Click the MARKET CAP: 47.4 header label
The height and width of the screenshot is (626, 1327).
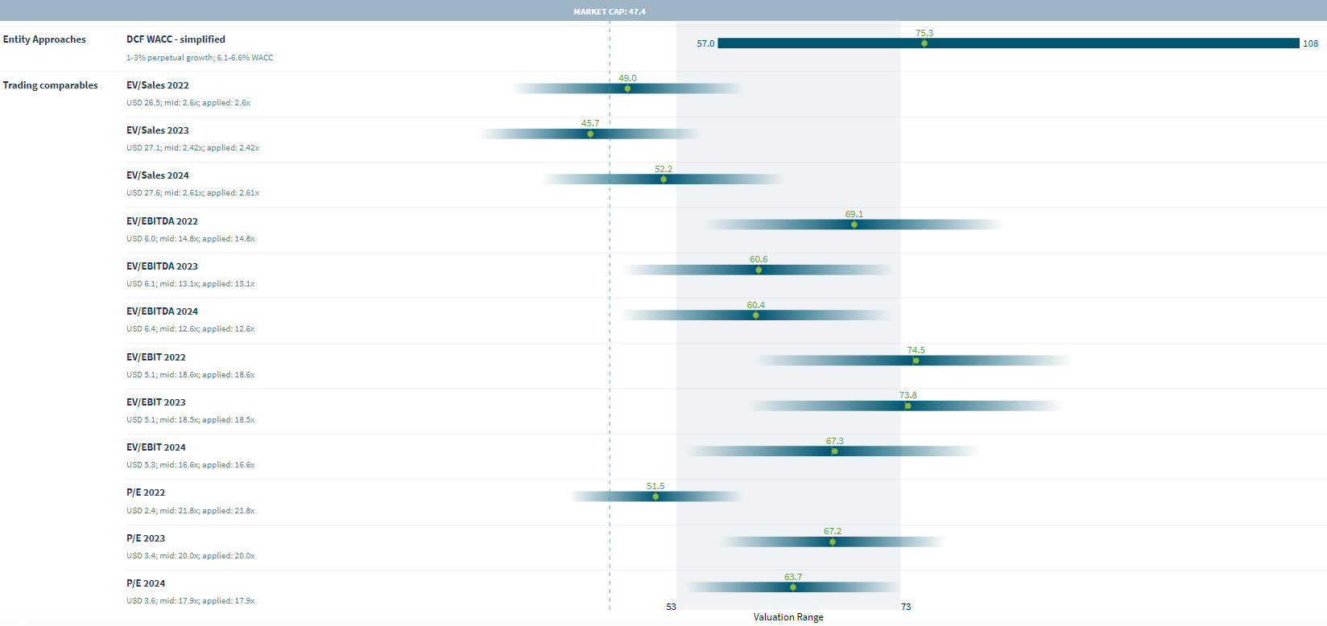pos(610,11)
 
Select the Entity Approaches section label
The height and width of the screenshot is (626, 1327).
pos(44,39)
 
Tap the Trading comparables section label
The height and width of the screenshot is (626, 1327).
pos(50,85)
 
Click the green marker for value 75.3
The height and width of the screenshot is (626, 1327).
pos(924,43)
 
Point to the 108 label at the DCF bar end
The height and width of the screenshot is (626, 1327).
pos(1310,43)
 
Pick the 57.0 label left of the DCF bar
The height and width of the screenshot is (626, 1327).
pos(705,43)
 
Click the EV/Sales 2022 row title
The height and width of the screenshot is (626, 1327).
pos(158,85)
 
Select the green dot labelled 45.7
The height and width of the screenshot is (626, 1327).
pos(590,134)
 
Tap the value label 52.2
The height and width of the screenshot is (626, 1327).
pos(663,169)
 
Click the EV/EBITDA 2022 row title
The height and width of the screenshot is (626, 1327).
pos(162,221)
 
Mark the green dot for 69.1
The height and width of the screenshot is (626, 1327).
pos(854,224)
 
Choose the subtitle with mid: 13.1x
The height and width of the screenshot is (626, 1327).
pos(190,284)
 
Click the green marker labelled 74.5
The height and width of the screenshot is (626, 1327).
pos(916,360)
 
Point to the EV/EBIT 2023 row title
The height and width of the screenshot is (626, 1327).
pos(156,402)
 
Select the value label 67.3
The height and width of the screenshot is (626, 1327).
pos(835,441)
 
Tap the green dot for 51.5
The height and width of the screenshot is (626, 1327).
pos(655,496)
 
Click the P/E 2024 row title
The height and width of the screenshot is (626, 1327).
pos(146,583)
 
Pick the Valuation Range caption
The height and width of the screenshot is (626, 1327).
pos(788,617)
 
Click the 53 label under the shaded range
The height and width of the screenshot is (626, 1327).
pos(672,607)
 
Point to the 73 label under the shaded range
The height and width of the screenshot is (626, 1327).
pos(906,607)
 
